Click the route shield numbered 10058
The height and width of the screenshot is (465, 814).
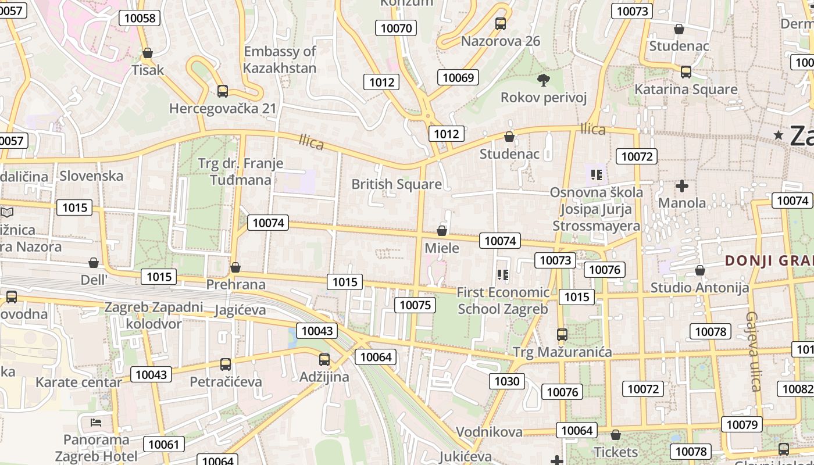tap(140, 18)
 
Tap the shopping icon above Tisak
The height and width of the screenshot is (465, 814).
tap(148, 53)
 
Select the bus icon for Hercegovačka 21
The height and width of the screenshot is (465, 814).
tap(222, 91)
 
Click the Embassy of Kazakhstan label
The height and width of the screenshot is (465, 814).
tap(280, 59)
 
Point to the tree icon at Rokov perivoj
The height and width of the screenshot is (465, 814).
tap(544, 80)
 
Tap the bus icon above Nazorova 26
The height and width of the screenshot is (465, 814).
tap(500, 24)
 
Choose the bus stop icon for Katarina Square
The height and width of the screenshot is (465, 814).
tap(686, 72)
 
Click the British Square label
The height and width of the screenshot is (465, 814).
tap(397, 184)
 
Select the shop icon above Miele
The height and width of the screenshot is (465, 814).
tap(442, 231)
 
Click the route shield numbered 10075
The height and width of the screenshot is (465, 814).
tap(415, 305)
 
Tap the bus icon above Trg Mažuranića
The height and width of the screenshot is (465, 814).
tap(562, 334)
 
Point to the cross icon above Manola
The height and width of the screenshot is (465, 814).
tap(681, 186)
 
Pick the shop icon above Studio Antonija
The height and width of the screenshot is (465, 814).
tap(699, 270)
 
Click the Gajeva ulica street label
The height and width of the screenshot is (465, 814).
tap(754, 351)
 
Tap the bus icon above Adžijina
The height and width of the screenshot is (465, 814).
tap(324, 359)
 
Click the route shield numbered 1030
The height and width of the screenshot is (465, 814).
tap(506, 381)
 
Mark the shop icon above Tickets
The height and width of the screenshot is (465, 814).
tap(616, 435)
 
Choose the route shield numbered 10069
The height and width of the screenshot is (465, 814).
tap(458, 77)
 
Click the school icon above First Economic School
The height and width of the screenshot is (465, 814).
tap(503, 274)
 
